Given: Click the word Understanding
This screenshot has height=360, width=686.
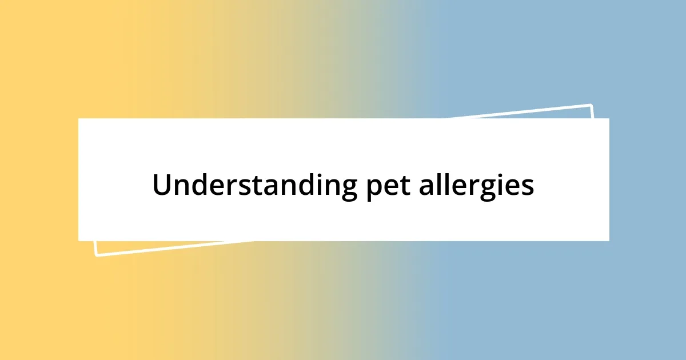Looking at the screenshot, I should pyautogui.click(x=252, y=185).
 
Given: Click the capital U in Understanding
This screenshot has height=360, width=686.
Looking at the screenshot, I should pyautogui.click(x=161, y=185).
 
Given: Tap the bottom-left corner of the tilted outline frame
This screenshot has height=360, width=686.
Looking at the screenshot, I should pyautogui.click(x=95, y=255).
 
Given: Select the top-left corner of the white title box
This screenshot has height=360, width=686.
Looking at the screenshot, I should pyautogui.click(x=78, y=118).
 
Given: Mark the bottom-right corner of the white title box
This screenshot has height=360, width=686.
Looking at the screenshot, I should pyautogui.click(x=609, y=241).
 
